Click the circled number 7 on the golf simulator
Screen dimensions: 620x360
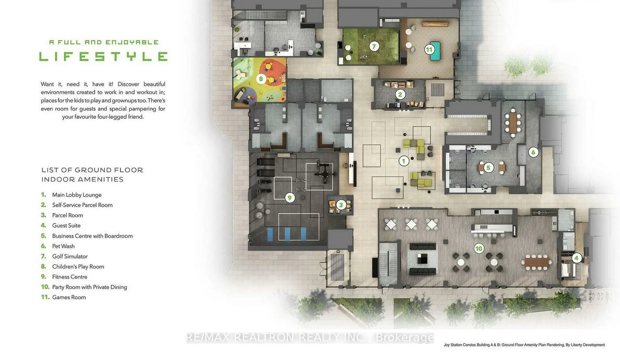click(374, 46)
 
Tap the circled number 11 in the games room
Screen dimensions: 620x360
click(429, 49)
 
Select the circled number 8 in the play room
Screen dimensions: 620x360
click(261, 79)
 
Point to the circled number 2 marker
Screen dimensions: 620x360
click(400, 95)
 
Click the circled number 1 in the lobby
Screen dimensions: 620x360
click(403, 161)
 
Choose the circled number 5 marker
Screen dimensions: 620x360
click(488, 168)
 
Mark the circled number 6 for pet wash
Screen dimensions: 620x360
click(534, 152)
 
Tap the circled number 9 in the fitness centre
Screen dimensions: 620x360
click(290, 197)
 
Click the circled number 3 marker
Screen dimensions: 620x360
click(341, 205)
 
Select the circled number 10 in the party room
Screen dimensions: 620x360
click(479, 249)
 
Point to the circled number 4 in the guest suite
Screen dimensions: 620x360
click(576, 258)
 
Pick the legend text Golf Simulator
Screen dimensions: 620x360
click(70, 256)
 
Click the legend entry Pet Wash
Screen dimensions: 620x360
click(63, 246)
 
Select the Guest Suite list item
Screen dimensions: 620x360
click(67, 225)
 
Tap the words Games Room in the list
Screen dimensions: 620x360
click(69, 297)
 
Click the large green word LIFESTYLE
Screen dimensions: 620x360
click(103, 57)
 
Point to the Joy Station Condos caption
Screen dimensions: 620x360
click(524, 345)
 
